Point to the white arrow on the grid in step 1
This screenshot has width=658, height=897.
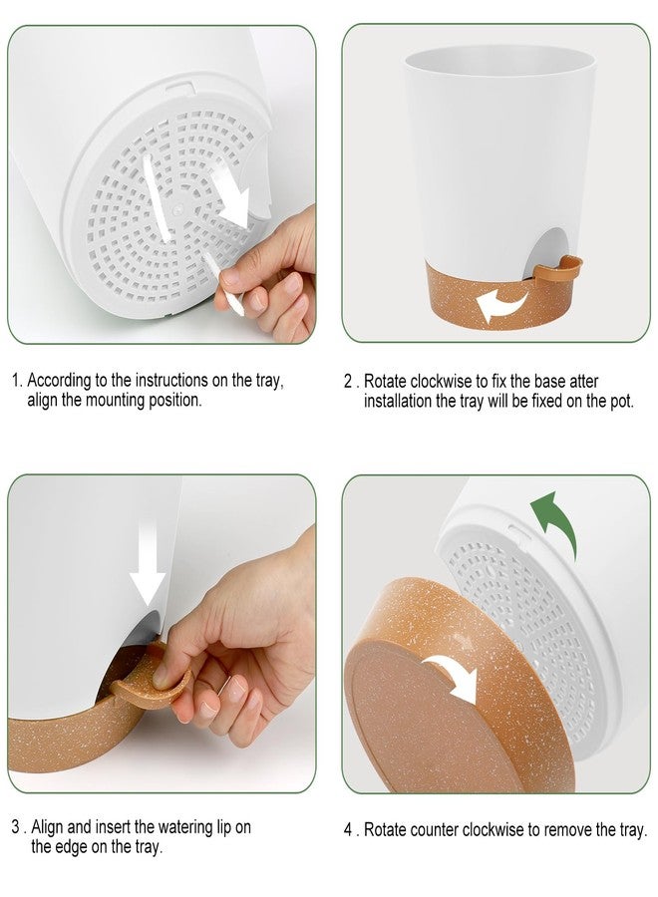coord(231,198)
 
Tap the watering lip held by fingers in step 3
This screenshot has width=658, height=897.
coord(150,679)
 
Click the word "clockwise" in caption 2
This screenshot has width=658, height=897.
coord(440,381)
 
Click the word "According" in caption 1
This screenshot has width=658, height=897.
coord(60,381)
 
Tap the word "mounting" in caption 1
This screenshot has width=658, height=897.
coord(115,400)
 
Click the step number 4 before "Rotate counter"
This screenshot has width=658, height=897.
coord(348,829)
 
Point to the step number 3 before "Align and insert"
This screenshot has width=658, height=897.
coord(15,827)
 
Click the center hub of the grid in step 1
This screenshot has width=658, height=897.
coord(177,210)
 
